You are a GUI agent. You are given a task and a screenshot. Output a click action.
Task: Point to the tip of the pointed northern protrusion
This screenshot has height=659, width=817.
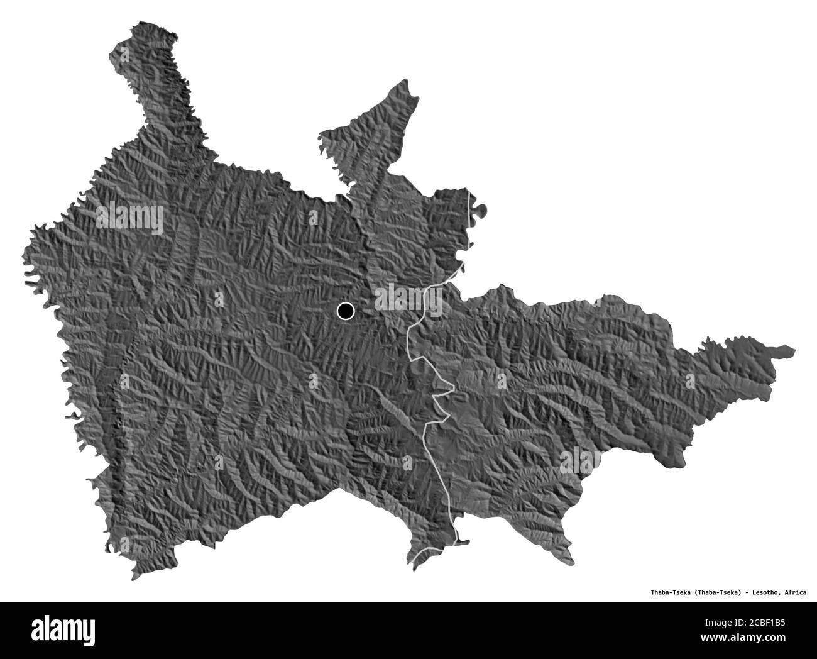408,80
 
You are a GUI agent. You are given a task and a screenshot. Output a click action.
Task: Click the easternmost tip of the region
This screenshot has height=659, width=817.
793,350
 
